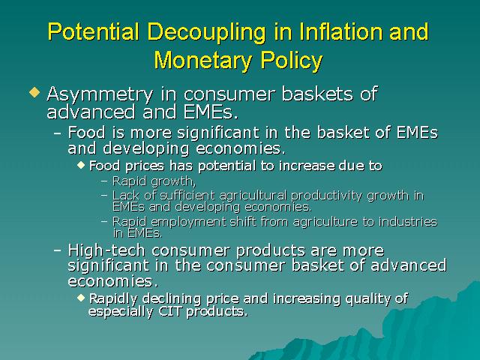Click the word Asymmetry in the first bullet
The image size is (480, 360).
tap(100, 95)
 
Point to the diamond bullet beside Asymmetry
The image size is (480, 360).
tap(34, 92)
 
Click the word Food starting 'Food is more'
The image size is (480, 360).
tap(86, 133)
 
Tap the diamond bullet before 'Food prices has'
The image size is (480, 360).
tap(81, 165)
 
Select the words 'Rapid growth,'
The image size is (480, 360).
tap(154, 181)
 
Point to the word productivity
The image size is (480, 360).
tap(326, 196)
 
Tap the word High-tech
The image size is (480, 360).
tap(106, 250)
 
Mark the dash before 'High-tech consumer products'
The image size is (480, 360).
tap(57, 250)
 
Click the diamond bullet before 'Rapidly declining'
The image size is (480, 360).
tap(81, 298)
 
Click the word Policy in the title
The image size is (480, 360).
tap(292, 61)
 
